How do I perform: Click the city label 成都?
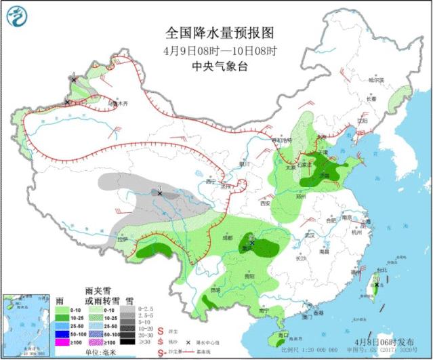pos(229,238)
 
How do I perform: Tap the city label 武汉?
pos(311,235)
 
